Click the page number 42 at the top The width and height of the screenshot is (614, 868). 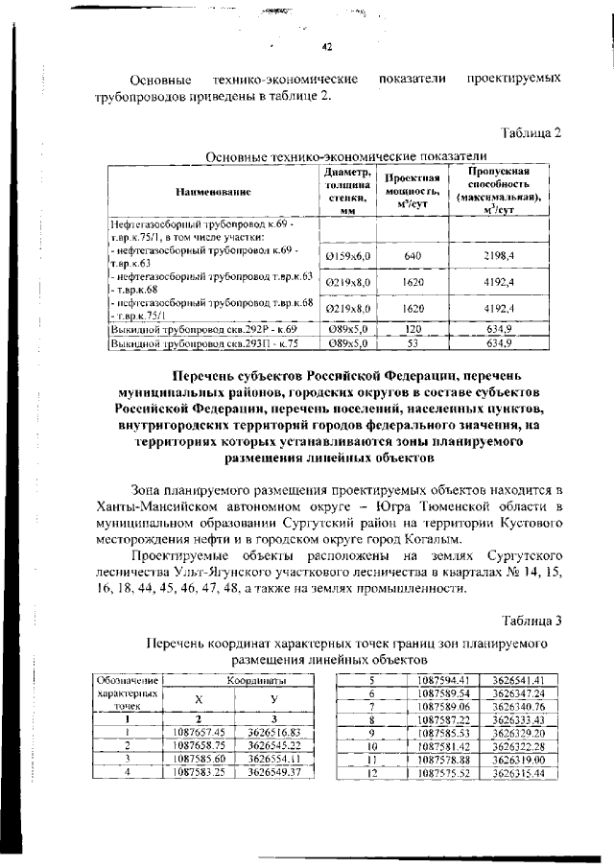325,48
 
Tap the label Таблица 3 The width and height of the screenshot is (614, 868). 530,620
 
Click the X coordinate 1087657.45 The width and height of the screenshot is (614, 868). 200,731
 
